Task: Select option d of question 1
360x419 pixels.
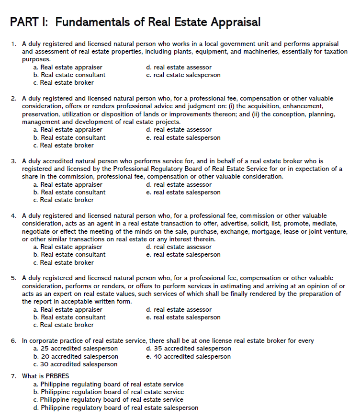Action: pyautogui.click(x=179, y=68)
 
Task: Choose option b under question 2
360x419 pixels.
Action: pyautogui.click(x=69, y=137)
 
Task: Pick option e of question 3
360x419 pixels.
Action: pyautogui.click(x=183, y=192)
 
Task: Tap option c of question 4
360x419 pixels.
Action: pyautogui.click(x=63, y=262)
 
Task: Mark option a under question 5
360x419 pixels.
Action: pyautogui.click(x=67, y=309)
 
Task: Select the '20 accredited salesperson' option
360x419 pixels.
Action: pyautogui.click(x=76, y=356)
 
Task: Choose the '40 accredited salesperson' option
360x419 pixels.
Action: pyautogui.click(x=188, y=356)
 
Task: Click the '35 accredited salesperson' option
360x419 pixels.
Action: pyautogui.click(x=188, y=349)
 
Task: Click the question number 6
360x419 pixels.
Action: pyautogui.click(x=13, y=341)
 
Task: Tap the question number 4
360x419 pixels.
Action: pyautogui.click(x=13, y=216)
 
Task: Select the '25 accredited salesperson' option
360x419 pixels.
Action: pyautogui.click(x=76, y=349)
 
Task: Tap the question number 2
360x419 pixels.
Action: pyautogui.click(x=13, y=99)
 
